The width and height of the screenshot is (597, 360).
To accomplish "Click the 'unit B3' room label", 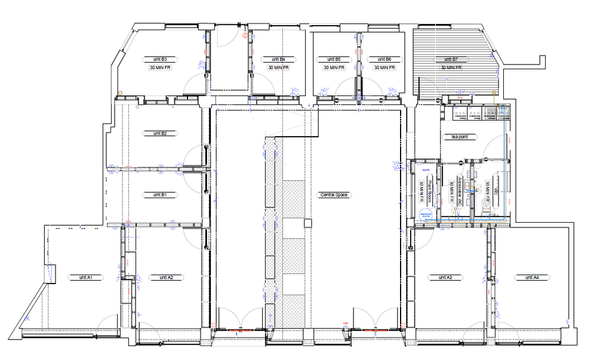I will point(160,60).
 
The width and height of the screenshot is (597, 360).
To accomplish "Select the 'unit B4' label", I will point(278,60).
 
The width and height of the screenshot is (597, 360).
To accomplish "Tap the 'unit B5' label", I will point(334,60).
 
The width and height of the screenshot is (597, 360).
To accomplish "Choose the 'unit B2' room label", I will point(159,134).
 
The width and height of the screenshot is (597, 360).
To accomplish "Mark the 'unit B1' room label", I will point(159,195).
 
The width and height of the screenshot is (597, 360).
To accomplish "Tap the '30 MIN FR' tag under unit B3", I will point(160,68).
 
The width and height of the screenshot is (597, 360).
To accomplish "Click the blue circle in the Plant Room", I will point(426,216).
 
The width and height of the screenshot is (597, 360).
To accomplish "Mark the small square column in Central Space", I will point(307,223).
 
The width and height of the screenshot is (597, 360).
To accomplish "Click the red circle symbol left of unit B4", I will point(245,36).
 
